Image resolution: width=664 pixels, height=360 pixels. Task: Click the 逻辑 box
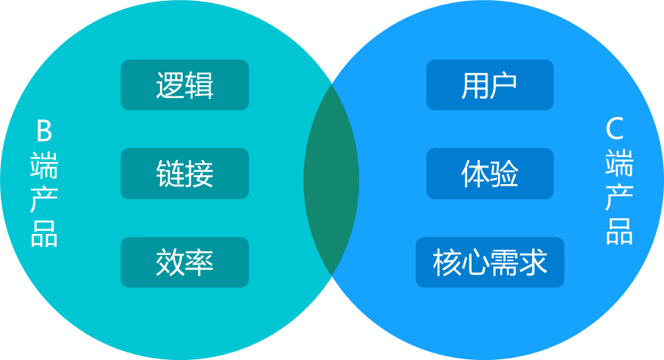185,85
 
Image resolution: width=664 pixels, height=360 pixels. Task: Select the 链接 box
185,174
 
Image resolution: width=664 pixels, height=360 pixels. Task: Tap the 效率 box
185,262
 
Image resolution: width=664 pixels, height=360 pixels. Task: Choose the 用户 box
490,85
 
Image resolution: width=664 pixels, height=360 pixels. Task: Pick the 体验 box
490,174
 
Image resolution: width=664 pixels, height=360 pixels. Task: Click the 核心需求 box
490,262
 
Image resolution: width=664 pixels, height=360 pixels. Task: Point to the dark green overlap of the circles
331,180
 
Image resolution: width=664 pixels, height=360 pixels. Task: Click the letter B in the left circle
45,132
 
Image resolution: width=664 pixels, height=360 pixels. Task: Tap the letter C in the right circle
616,130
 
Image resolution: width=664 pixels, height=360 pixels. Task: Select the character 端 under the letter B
45,165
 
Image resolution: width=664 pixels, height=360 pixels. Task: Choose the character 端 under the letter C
619,163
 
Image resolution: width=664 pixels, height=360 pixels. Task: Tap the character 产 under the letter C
619,197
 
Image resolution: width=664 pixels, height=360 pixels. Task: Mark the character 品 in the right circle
619,231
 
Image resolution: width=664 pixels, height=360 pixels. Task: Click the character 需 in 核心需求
504,262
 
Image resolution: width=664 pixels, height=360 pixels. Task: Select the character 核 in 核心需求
447,262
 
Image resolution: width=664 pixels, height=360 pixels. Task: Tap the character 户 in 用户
504,85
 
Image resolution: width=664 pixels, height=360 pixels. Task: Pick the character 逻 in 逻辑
171,85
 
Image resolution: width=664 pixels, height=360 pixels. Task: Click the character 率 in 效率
200,262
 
